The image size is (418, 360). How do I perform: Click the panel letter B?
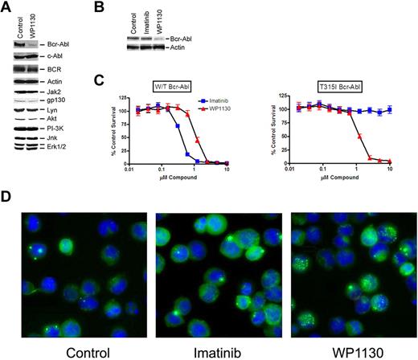click(x=119, y=8)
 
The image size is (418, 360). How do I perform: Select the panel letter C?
click(x=119, y=80)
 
